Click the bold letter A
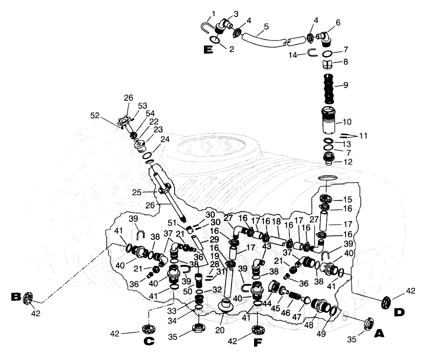tap(380, 333)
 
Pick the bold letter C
tap(149, 341)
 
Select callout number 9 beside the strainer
tap(346, 85)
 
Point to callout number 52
tap(107, 115)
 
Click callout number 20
tap(220, 330)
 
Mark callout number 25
tap(137, 192)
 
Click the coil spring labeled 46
tap(296, 296)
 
